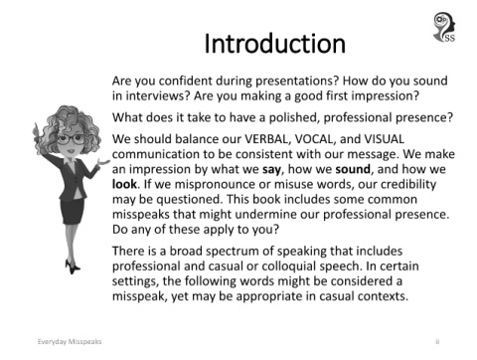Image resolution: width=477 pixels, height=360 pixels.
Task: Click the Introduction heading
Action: [x=274, y=44]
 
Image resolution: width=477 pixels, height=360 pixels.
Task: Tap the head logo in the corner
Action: [x=444, y=27]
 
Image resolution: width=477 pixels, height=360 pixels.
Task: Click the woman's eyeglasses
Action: [x=71, y=139]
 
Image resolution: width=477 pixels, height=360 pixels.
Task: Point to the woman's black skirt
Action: [x=73, y=212]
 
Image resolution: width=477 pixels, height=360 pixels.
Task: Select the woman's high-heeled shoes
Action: [x=73, y=267]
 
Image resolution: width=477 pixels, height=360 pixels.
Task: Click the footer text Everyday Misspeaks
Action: [x=70, y=341]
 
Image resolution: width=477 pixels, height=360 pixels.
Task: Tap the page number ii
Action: [x=437, y=341]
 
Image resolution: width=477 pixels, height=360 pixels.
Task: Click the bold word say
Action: [x=271, y=170]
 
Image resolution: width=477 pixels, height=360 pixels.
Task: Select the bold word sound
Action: [x=353, y=169]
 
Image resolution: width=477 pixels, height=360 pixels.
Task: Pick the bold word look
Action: [x=124, y=184]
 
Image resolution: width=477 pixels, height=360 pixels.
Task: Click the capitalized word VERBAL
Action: [x=267, y=139]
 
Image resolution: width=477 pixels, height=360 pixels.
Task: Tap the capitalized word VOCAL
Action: [x=314, y=139]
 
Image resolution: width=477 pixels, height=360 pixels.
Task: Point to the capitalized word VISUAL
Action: [x=384, y=139]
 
